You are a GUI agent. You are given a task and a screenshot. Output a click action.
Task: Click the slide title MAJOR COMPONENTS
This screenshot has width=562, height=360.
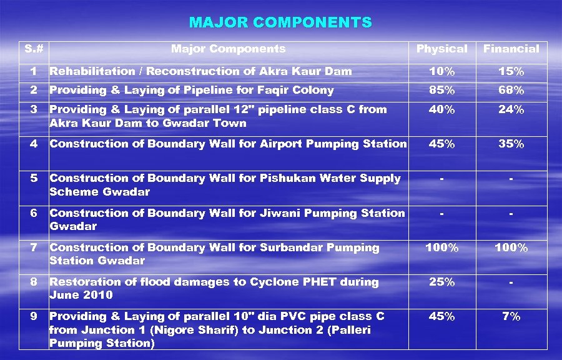pyautogui.click(x=280, y=23)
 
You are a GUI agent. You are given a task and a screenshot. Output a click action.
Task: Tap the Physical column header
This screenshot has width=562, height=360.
pyautogui.click(x=441, y=49)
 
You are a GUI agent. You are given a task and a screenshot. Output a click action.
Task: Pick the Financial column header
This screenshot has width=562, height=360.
pyautogui.click(x=511, y=49)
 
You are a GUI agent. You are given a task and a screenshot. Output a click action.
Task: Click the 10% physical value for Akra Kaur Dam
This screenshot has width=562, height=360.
pyautogui.click(x=441, y=72)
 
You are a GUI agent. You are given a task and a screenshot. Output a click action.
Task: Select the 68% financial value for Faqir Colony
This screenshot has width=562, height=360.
pyautogui.click(x=511, y=91)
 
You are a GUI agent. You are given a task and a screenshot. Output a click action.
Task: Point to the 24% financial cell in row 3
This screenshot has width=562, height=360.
pyautogui.click(x=511, y=110)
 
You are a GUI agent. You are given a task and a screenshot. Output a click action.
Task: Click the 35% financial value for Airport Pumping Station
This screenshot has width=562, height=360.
pyautogui.click(x=511, y=144)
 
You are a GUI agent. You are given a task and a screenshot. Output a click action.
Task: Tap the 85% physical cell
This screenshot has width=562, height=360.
pyautogui.click(x=441, y=91)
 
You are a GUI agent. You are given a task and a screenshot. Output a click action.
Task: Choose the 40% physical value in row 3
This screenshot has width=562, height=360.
pyautogui.click(x=441, y=110)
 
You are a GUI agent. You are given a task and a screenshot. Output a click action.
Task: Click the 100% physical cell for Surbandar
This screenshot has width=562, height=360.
pyautogui.click(x=441, y=248)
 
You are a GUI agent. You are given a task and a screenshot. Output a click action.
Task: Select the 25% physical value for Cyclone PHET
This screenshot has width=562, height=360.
pyautogui.click(x=441, y=282)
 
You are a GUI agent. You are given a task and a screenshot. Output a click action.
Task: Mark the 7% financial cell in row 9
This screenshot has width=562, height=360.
pyautogui.click(x=511, y=317)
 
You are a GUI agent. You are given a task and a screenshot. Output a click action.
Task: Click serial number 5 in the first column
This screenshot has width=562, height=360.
pyautogui.click(x=34, y=179)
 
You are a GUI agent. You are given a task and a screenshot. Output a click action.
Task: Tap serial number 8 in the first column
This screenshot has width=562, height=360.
pyautogui.click(x=34, y=282)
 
